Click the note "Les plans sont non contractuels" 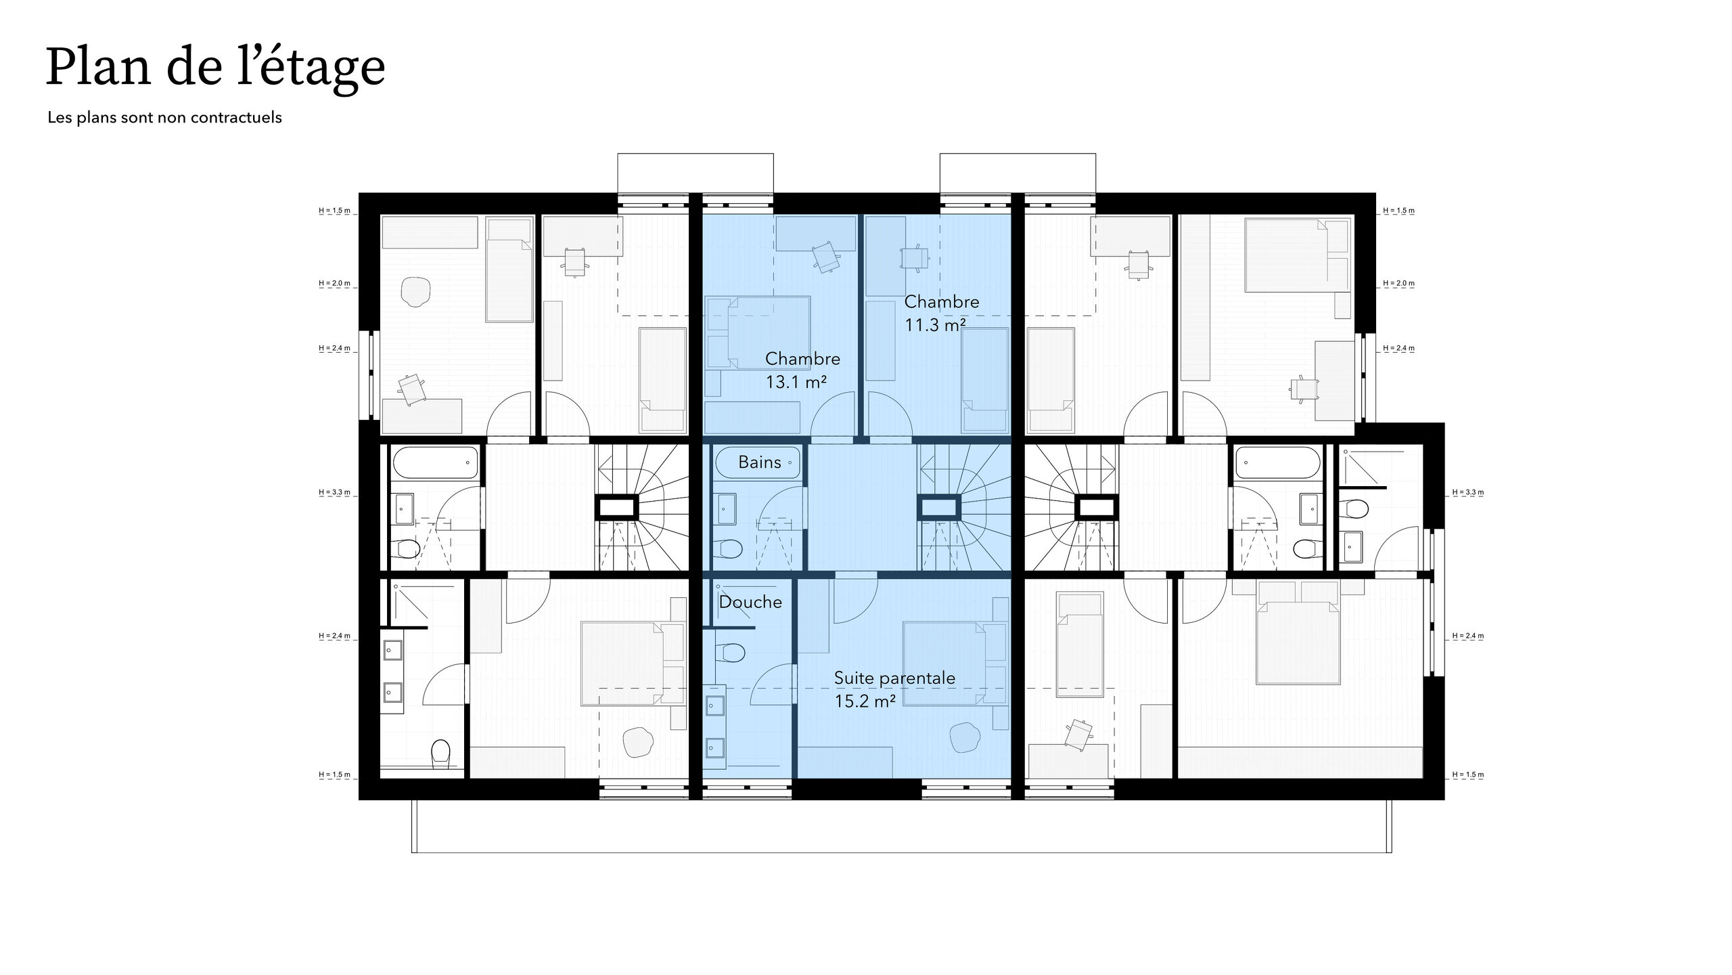(x=164, y=118)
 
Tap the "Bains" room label (x=760, y=462)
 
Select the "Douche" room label (x=750, y=602)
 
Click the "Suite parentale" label (x=894, y=678)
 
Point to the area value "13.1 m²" (x=796, y=383)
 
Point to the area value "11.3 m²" (x=936, y=326)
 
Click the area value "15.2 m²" (x=865, y=701)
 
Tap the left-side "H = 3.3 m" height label (x=334, y=492)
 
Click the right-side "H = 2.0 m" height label (x=1398, y=283)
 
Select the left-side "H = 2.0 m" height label (x=334, y=283)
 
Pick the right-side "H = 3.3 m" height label (x=1468, y=492)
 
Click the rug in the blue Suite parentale (x=965, y=737)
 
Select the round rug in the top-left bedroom (x=415, y=291)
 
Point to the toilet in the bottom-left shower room (x=440, y=754)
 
